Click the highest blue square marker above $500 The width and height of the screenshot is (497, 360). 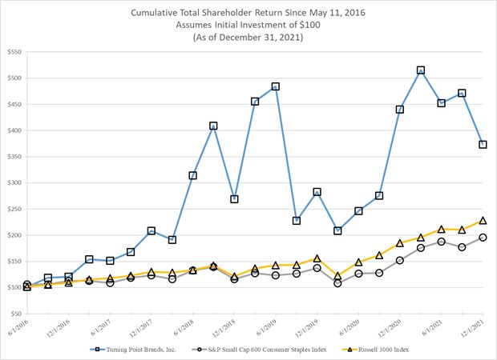coord(421,70)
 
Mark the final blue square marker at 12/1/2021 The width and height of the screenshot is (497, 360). coord(483,145)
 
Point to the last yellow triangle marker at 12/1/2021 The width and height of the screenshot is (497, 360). coord(483,221)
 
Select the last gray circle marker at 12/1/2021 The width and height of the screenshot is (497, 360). coord(483,237)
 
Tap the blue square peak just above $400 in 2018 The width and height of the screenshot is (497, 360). coord(213,126)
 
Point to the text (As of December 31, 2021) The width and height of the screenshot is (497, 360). coord(248,37)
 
